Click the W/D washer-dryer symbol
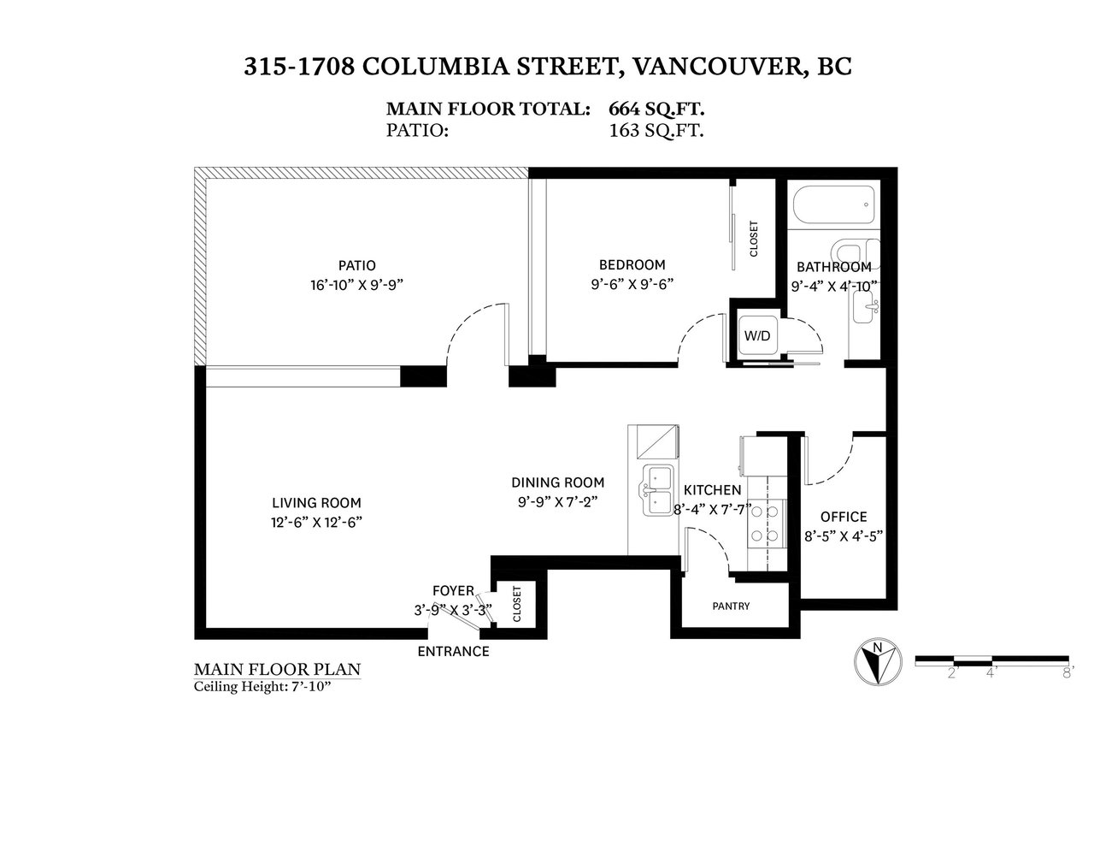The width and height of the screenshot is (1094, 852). click(756, 336)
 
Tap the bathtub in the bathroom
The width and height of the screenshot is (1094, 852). click(833, 205)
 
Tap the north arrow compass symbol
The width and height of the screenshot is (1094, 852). click(878, 662)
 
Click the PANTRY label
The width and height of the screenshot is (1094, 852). click(731, 606)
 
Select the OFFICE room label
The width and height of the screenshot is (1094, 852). click(844, 517)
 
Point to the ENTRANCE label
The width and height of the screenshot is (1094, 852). click(453, 652)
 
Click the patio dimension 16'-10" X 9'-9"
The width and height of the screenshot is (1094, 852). click(357, 286)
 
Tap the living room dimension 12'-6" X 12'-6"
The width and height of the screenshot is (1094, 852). click(316, 523)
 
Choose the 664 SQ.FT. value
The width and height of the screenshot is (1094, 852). click(656, 109)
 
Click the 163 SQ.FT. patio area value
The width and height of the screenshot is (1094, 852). click(656, 131)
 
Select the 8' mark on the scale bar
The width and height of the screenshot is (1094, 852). click(1068, 673)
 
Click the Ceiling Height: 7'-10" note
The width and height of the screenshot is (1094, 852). click(262, 686)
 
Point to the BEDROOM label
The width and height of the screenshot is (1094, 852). click(632, 264)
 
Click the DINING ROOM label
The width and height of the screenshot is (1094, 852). click(557, 482)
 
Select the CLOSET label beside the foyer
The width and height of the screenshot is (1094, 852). click(516, 604)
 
